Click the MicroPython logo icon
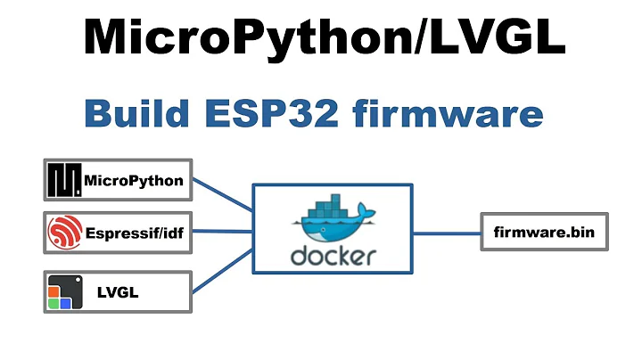64,181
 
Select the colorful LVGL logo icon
61,292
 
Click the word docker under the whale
333,257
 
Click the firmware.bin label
543,233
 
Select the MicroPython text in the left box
134,181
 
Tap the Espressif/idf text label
136,234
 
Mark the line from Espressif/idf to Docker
223,233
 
